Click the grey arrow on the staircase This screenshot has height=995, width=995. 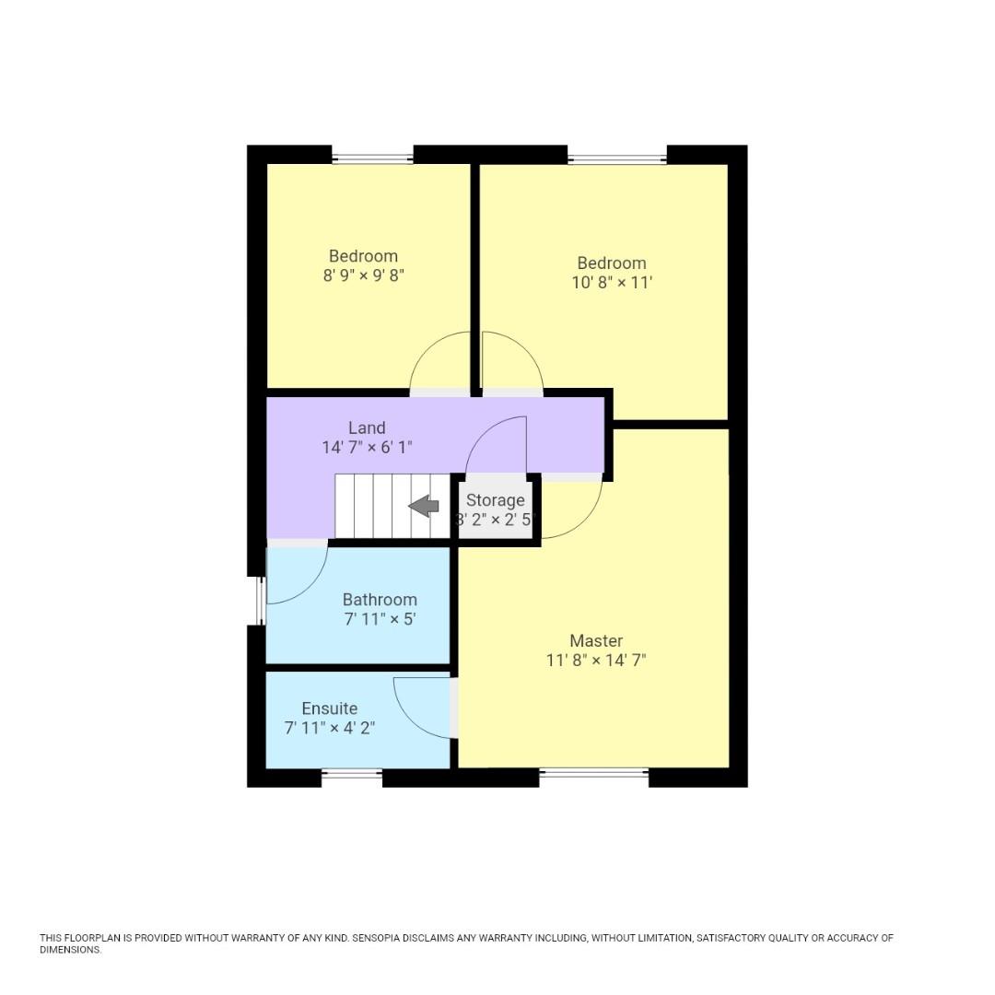(x=424, y=505)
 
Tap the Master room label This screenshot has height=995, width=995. (x=596, y=640)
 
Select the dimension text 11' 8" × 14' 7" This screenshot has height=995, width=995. (x=596, y=660)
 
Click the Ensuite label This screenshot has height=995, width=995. (x=329, y=708)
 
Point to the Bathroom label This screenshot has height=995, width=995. (x=380, y=600)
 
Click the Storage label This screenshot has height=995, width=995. (x=495, y=500)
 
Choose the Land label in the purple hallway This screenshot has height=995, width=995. (x=367, y=427)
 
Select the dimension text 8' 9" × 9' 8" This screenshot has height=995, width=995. (x=364, y=275)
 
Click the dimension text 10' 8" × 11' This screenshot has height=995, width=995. (x=612, y=282)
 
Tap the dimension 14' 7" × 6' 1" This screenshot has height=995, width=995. (x=367, y=448)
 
